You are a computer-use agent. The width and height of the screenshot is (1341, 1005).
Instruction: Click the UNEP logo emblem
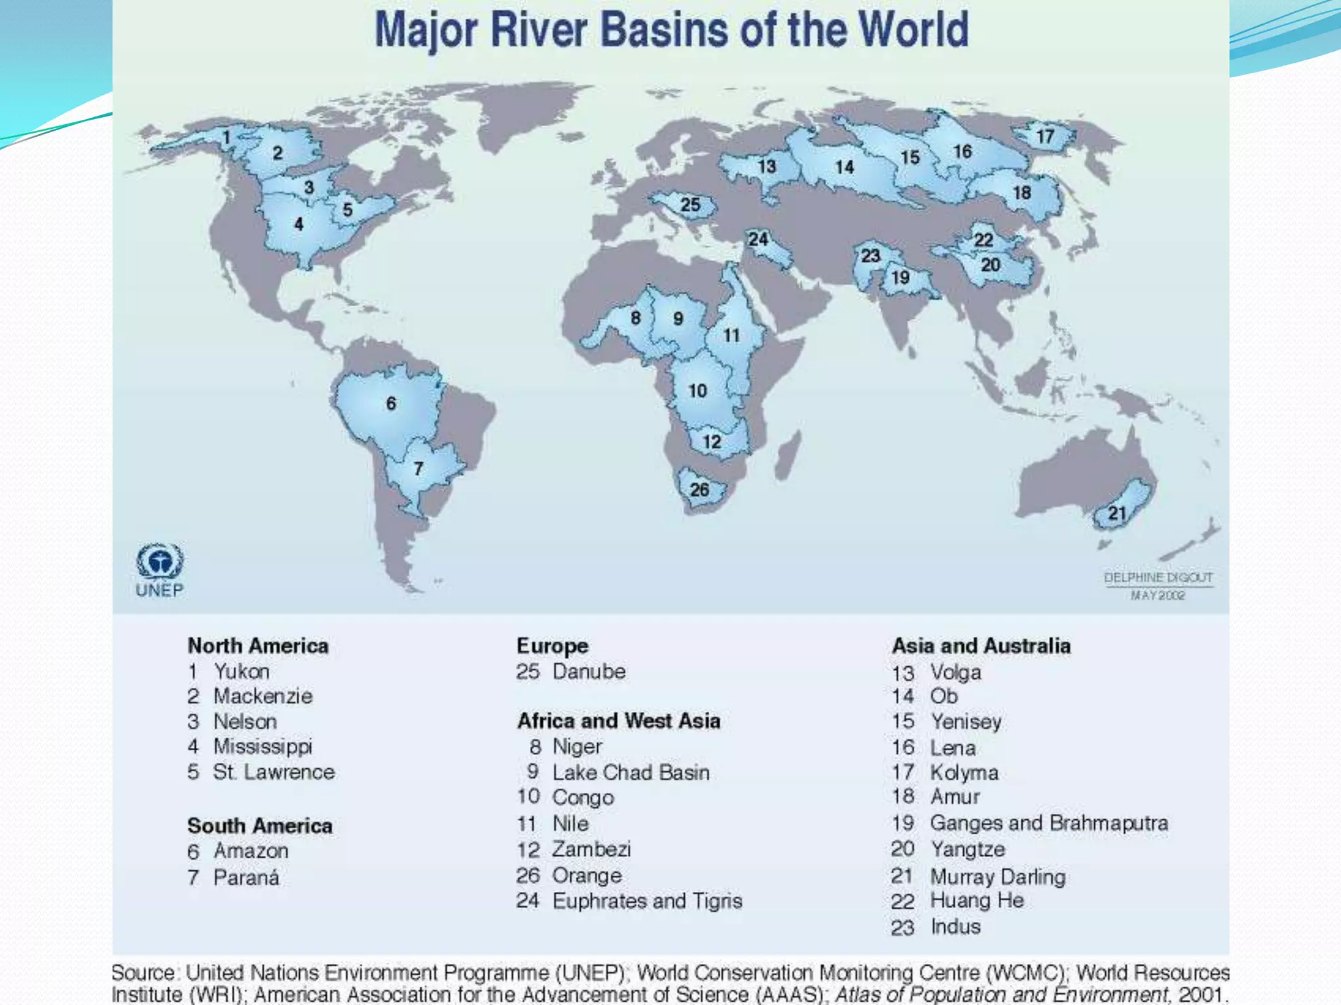pos(160,562)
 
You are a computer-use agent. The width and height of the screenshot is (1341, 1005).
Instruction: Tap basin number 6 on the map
pos(391,403)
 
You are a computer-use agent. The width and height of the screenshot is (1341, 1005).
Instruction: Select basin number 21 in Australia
pos(1117,513)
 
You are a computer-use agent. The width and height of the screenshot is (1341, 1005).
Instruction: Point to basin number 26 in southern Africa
pos(699,489)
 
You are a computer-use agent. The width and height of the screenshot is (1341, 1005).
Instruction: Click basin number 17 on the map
pos(1045,136)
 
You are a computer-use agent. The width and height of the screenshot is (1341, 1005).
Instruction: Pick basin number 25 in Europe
pos(690,205)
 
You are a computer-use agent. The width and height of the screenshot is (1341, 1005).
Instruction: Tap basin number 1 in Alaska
pos(227,137)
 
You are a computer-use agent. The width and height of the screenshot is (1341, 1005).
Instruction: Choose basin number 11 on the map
pos(731,336)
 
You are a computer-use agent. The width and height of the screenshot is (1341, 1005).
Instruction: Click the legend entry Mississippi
pos(263,747)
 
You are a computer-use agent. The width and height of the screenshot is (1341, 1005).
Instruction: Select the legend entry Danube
pos(589,671)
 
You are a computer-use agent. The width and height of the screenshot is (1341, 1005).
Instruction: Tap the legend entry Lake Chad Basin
pos(631,772)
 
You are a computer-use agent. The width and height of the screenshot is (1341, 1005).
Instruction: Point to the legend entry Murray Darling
pos(997,876)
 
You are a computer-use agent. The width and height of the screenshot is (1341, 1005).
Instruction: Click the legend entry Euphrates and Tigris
pos(647,901)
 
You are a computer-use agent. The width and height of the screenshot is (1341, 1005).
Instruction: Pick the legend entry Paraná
pos(246,877)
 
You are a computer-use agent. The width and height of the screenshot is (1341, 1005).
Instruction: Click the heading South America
pos(260,826)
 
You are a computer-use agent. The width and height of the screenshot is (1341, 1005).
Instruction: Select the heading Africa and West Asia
pos(619,721)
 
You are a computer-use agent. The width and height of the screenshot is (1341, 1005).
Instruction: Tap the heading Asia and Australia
pos(981,646)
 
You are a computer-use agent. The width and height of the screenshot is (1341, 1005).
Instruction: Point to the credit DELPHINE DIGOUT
pos(1158,578)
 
